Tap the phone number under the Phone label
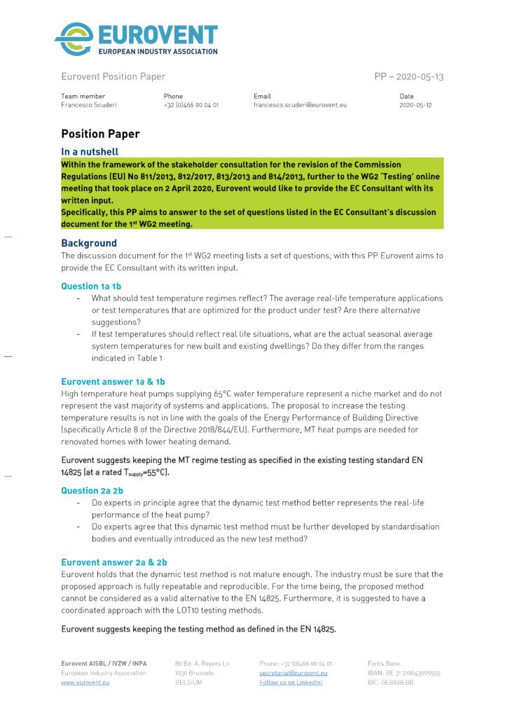191,105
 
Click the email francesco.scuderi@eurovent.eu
300,105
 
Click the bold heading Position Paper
100,134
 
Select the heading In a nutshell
90,152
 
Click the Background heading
89,244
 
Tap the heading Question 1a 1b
91,286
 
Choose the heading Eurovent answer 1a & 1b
113,382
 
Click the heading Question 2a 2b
92,491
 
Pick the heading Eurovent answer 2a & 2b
113,562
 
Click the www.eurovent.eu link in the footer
85,682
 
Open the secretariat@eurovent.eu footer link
293,673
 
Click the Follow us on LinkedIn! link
291,682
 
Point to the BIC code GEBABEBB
391,682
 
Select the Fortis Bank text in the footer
385,663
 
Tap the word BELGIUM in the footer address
188,682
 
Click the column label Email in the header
261,96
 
